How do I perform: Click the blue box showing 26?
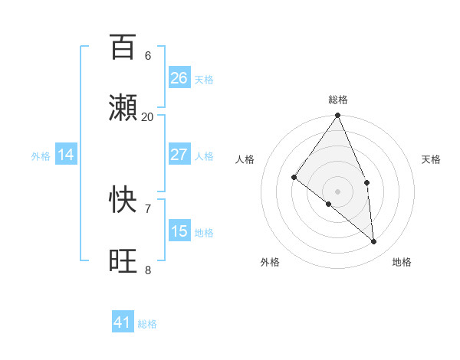click(179, 78)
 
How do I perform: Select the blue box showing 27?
click(179, 155)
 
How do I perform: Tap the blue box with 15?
click(179, 231)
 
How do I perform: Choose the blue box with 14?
click(66, 155)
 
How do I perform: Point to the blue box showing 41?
click(123, 322)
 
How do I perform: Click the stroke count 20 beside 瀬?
click(148, 116)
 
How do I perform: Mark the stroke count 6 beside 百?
click(148, 55)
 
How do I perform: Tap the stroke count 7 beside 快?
click(148, 208)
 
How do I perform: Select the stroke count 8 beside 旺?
click(148, 270)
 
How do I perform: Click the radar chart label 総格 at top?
click(338, 100)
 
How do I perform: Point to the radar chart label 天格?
click(432, 159)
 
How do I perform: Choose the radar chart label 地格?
click(402, 262)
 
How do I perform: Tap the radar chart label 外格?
click(270, 262)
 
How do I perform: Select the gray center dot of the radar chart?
click(338, 191)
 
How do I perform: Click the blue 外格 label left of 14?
click(41, 155)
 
